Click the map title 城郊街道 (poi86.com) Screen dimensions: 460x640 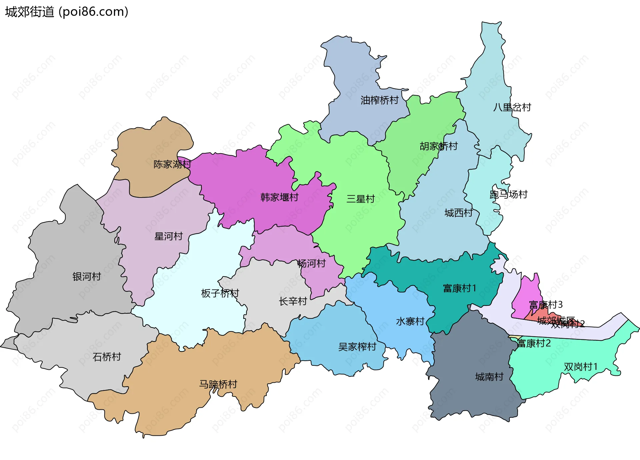pyautogui.click(x=67, y=12)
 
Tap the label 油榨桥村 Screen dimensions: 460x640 pyautogui.click(x=379, y=100)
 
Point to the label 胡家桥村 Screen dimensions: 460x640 pyautogui.click(x=438, y=146)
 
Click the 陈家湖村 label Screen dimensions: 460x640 pyautogui.click(x=172, y=164)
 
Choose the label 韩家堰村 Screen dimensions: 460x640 pyautogui.click(x=279, y=197)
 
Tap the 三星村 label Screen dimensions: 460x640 pyautogui.click(x=360, y=199)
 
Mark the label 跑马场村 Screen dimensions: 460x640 pyautogui.click(x=508, y=194)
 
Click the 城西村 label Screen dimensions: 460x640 pyautogui.click(x=458, y=213)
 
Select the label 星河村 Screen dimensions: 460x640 pyautogui.click(x=168, y=236)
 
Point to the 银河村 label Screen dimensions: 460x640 pyautogui.click(x=87, y=276)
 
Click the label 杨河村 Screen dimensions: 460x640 pyautogui.click(x=311, y=263)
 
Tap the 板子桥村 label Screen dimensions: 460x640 pyautogui.click(x=220, y=293)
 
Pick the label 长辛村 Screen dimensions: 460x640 pyautogui.click(x=293, y=301)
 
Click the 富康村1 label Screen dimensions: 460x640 pyautogui.click(x=459, y=288)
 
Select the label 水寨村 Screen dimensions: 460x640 pyautogui.click(x=410, y=321)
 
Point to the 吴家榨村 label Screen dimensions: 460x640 pyautogui.click(x=357, y=347)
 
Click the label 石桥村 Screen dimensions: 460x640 pyautogui.click(x=107, y=357)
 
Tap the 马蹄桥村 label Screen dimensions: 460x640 pyautogui.click(x=218, y=384)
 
